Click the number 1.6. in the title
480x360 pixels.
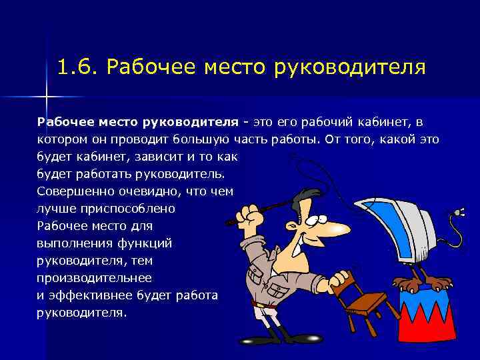(x=78, y=67)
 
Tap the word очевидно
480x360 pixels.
(x=149, y=191)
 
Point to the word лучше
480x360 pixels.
(x=53, y=209)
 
